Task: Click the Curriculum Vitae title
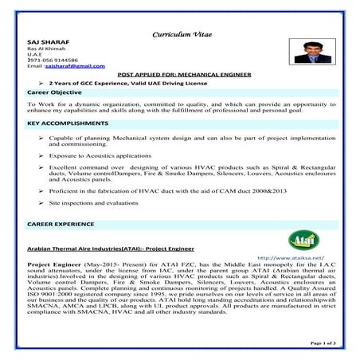pyautogui.click(x=180, y=35)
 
